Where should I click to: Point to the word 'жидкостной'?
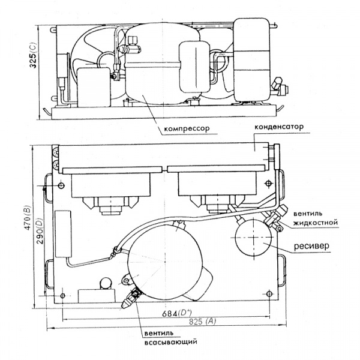pos(316,223)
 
